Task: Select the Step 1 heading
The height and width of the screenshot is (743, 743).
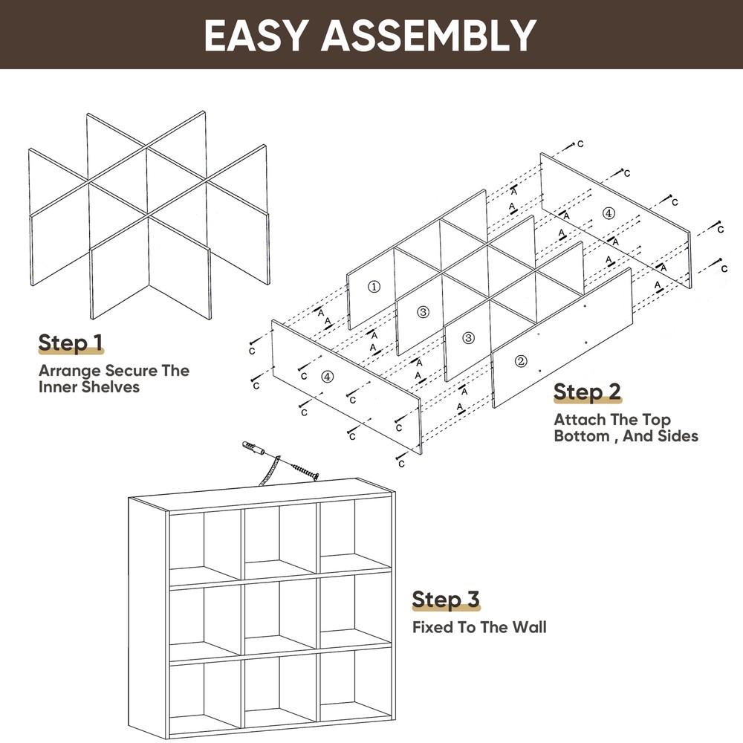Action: tap(71, 343)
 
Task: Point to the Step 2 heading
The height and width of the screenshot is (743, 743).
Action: tap(587, 392)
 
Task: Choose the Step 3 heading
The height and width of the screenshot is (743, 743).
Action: tap(446, 599)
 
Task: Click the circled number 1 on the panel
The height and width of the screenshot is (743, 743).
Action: tap(374, 286)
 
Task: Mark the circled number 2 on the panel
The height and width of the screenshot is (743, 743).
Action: tap(521, 362)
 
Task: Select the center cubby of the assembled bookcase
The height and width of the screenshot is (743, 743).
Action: tap(281, 613)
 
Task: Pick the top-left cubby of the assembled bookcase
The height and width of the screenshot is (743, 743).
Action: tap(204, 542)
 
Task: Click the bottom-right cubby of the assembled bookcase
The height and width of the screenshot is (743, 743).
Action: tap(356, 691)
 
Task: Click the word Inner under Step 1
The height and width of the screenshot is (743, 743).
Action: tap(60, 387)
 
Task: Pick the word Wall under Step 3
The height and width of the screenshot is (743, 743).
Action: tap(528, 627)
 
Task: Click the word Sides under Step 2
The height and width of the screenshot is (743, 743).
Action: tap(678, 436)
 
